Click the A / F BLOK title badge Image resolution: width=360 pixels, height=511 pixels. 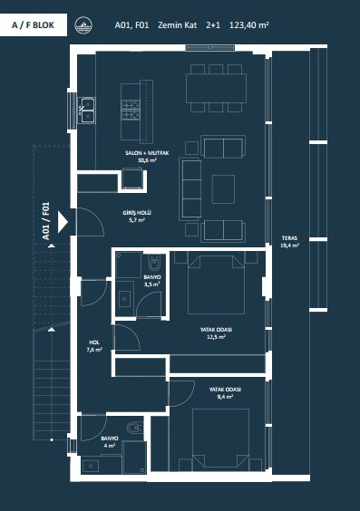[34, 25]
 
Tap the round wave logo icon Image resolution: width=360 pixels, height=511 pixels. [83, 25]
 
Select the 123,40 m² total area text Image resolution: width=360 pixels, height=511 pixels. [249, 25]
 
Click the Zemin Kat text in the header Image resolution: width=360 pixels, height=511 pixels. [178, 25]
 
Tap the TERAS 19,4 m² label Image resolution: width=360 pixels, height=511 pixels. [289, 242]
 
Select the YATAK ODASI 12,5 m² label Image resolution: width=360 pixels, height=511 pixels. [216, 333]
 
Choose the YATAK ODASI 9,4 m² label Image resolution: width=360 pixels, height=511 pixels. [225, 393]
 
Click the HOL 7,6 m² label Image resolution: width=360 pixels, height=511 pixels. [94, 346]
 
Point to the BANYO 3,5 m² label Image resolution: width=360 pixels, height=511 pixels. [152, 281]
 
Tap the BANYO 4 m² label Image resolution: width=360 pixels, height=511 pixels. [110, 442]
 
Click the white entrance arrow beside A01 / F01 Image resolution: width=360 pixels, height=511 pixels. [63, 222]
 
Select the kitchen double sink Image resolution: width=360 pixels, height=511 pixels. [87, 111]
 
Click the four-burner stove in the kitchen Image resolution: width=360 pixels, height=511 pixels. [131, 110]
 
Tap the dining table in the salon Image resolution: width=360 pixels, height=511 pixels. [216, 88]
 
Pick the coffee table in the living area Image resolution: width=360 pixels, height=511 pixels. [223, 189]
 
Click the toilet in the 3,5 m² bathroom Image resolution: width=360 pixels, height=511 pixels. [154, 263]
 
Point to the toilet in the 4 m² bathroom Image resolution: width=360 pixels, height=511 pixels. [135, 428]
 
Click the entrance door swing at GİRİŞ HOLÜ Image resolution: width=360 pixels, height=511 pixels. [91, 222]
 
